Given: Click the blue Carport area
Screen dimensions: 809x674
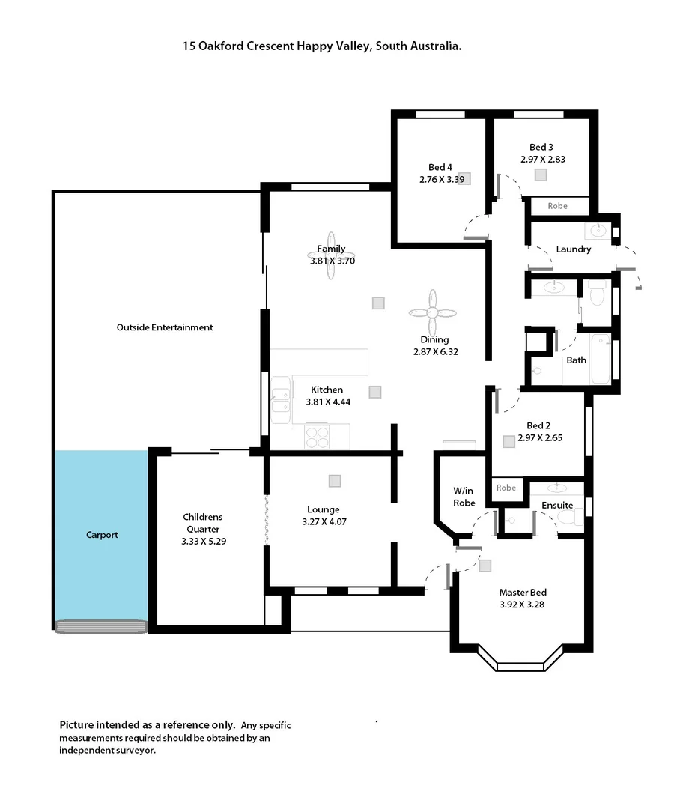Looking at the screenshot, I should coord(100,535).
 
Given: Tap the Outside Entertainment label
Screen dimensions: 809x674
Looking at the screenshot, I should coord(165,327).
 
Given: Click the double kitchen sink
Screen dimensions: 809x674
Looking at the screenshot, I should coord(280,400).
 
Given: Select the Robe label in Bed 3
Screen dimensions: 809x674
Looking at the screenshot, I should coord(558,206).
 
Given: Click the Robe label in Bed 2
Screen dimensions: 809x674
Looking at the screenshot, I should coord(506,488).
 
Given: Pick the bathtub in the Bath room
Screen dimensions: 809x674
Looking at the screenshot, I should coord(601,360).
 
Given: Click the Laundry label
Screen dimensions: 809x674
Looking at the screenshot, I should coord(574,249).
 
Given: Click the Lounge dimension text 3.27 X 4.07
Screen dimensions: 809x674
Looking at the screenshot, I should coord(323,521).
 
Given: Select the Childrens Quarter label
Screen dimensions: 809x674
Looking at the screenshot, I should coord(203,522).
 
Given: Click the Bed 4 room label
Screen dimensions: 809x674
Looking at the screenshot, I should coord(440,167).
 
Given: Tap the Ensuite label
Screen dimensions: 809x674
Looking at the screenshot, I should coord(557,506).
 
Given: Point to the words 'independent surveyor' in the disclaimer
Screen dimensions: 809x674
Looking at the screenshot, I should coord(108,750).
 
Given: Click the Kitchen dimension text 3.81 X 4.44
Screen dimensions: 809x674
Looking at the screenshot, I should coord(328,402).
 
